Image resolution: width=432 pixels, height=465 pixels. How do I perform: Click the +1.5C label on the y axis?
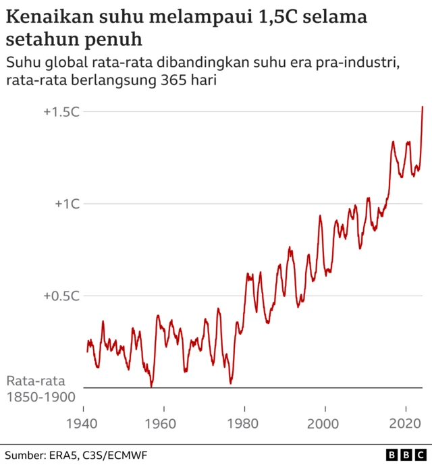[61, 111]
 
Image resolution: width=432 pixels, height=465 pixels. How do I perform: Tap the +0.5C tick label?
[61, 296]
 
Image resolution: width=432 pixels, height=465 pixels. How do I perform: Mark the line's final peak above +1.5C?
[423, 107]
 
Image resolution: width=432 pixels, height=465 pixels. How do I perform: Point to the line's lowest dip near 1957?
[152, 386]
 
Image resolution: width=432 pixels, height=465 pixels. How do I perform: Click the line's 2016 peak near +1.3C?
[393, 142]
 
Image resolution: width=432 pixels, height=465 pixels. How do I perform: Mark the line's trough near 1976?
[231, 383]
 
